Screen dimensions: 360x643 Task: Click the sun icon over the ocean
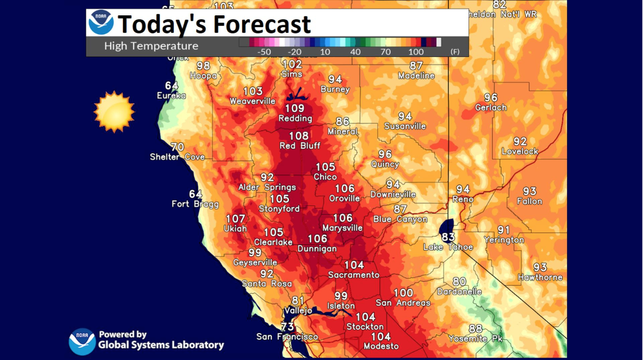click(114, 112)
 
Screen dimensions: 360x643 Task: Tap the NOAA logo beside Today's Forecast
click(101, 23)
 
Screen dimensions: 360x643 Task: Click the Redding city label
click(295, 118)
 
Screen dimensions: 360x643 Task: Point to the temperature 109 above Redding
click(294, 108)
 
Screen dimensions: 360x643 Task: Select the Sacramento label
click(354, 275)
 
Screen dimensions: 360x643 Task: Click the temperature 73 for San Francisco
click(288, 327)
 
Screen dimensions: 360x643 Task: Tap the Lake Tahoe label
click(448, 247)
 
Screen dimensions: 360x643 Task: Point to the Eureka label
click(171, 96)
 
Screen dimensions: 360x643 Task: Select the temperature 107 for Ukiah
click(236, 219)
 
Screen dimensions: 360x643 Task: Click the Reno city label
click(463, 199)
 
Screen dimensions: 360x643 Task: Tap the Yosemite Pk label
click(475, 339)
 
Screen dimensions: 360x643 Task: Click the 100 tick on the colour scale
click(416, 52)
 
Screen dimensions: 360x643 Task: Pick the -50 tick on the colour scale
click(263, 52)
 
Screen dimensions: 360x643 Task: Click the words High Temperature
click(151, 46)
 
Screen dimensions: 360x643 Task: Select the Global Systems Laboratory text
click(161, 345)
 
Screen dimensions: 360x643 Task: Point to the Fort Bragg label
click(195, 204)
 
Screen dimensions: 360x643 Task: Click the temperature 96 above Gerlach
click(491, 98)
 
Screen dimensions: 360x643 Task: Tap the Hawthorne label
click(540, 278)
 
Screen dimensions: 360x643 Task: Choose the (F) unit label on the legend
click(455, 52)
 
